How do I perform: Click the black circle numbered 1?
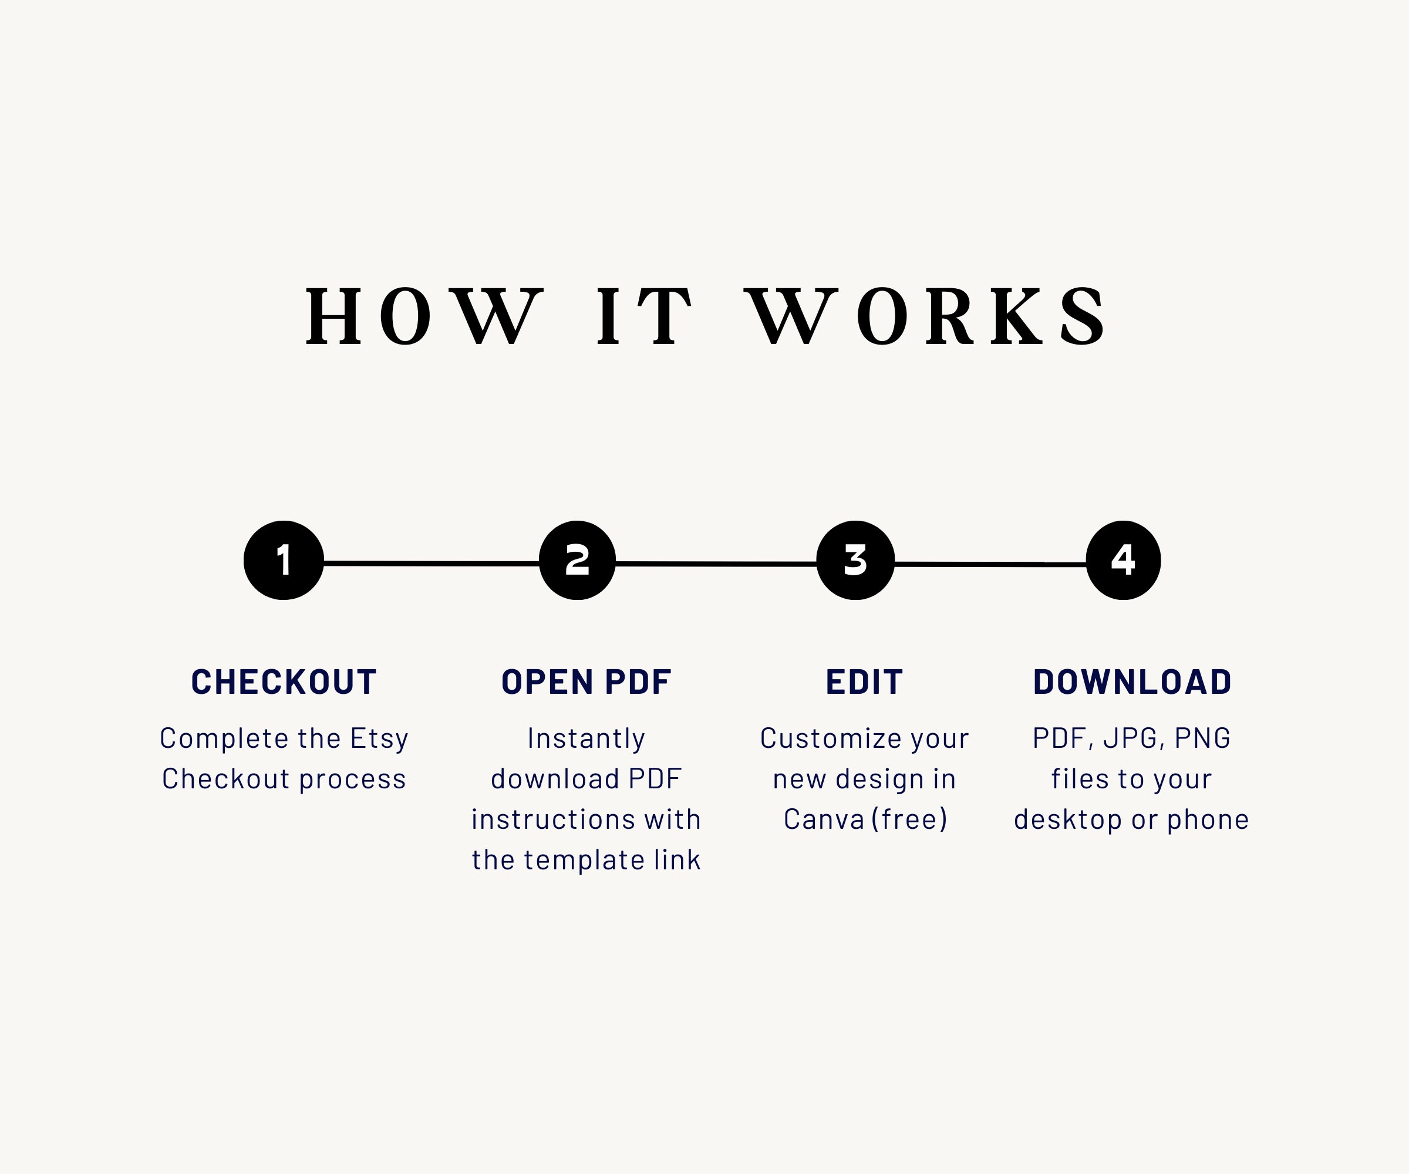click(284, 560)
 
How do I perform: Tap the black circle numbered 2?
click(577, 560)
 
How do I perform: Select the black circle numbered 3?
click(855, 560)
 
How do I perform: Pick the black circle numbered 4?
click(1123, 560)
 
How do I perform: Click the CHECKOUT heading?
click(284, 682)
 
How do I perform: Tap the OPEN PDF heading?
click(586, 682)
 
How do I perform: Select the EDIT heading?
click(864, 682)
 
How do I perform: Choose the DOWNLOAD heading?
click(1132, 682)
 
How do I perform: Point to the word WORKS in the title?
click(926, 315)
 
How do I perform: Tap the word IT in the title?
click(644, 315)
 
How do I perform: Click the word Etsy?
click(379, 739)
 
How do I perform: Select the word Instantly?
click(586, 739)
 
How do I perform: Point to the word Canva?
click(824, 819)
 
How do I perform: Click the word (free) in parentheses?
click(910, 819)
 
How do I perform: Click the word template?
click(584, 861)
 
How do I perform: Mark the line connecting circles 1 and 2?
click(432, 564)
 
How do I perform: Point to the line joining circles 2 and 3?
click(716, 564)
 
